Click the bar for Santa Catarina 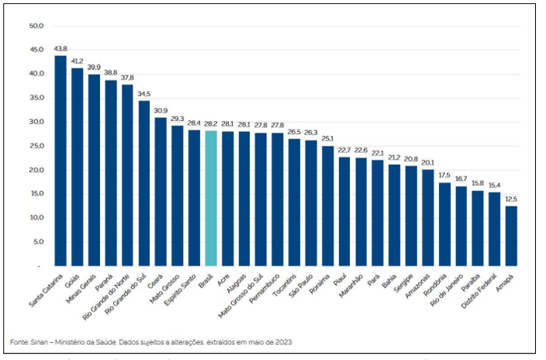coord(60,161)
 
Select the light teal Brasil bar coord(211,198)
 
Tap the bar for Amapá coord(511,236)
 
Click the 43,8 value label coord(61,48)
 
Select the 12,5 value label coord(511,199)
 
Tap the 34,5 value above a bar coord(144,94)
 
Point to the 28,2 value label coord(211,123)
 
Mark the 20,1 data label coord(427,162)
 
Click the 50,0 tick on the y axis coord(35,26)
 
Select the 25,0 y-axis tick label coord(35,146)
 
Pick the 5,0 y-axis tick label coord(37,242)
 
